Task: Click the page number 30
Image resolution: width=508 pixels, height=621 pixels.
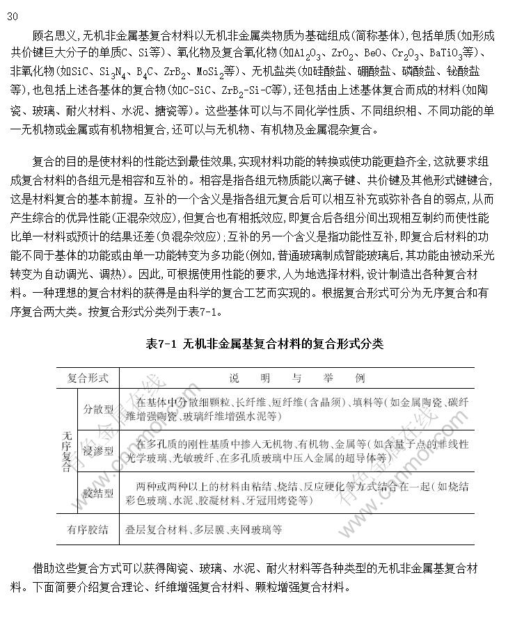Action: pyautogui.click(x=13, y=17)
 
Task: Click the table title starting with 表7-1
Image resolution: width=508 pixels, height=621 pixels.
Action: pyautogui.click(x=265, y=344)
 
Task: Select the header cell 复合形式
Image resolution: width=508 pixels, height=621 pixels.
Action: pyautogui.click(x=88, y=379)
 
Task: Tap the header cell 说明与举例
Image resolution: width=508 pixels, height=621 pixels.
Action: pyautogui.click(x=296, y=379)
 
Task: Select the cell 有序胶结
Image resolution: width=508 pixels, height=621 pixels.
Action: pyautogui.click(x=88, y=530)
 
